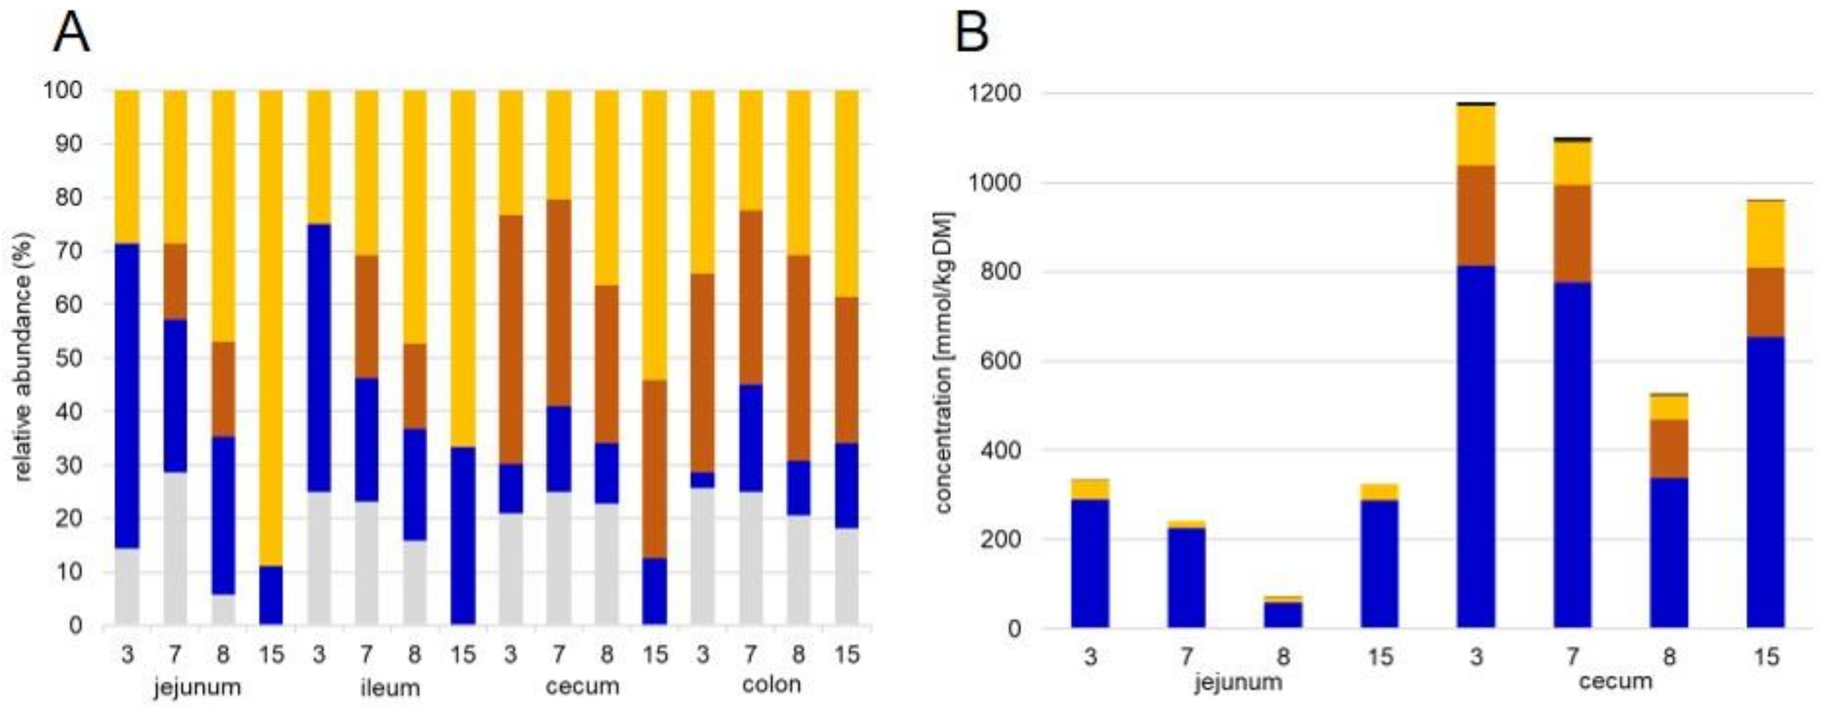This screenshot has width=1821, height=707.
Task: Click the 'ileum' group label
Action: (x=390, y=687)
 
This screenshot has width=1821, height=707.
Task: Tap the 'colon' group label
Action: (x=772, y=684)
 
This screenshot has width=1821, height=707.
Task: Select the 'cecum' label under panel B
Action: (x=1615, y=681)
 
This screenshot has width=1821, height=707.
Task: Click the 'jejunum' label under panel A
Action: (x=198, y=687)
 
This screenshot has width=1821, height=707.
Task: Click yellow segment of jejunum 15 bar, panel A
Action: (x=270, y=325)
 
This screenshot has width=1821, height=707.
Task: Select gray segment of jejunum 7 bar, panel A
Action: (x=175, y=548)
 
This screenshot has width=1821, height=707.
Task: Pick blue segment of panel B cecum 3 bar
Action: (x=1476, y=445)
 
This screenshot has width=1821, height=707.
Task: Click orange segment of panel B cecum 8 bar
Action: (x=1669, y=448)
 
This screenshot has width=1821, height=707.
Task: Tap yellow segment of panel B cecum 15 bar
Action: (x=1766, y=233)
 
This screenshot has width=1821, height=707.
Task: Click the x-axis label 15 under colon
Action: (x=846, y=655)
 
